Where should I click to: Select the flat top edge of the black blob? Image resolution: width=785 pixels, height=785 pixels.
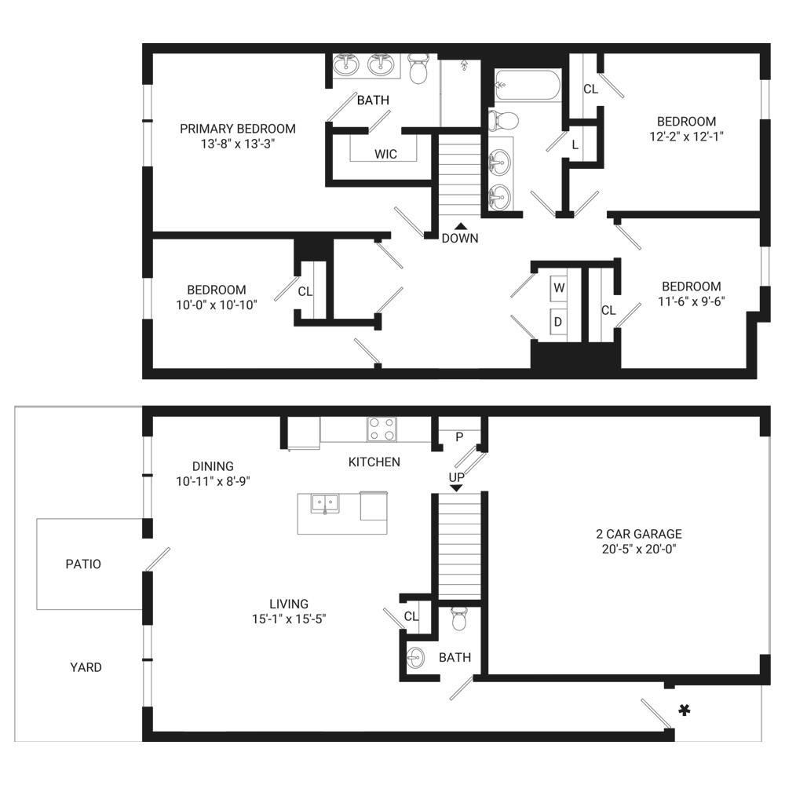(377, 89)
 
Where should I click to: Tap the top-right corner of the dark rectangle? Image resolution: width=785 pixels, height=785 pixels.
(769, 44)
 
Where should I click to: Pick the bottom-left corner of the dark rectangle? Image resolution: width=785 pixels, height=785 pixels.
(15, 740)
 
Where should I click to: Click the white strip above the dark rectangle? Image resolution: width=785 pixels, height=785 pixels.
(392, 21)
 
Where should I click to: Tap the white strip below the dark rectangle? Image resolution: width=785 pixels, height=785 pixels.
(392, 763)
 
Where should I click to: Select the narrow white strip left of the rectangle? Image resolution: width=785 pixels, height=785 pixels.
(7, 392)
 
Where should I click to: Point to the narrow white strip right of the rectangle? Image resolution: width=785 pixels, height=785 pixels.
(777, 392)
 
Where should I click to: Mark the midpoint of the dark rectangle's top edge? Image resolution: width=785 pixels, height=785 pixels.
(392, 44)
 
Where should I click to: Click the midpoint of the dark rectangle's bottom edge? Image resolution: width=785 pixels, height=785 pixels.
(392, 740)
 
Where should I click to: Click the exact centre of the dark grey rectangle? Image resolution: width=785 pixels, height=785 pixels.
(392, 392)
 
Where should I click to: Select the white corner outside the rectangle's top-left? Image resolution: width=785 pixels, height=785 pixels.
(7, 21)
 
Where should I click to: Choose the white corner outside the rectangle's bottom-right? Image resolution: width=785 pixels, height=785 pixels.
(777, 763)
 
